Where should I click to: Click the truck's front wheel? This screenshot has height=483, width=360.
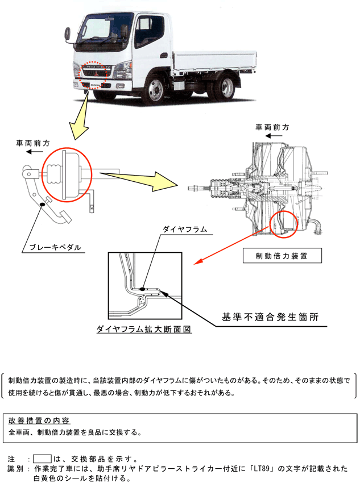pos(157,90)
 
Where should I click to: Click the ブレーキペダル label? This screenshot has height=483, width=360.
pos(54,248)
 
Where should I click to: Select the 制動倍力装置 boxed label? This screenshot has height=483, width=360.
pos(282,256)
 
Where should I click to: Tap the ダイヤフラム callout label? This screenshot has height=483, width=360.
pos(184,230)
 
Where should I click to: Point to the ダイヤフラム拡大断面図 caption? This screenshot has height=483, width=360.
pos(143,329)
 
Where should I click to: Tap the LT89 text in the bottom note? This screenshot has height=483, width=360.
pos(265,469)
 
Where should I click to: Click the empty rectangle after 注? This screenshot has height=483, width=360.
pos(42,458)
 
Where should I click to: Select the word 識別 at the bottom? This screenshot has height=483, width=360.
pos(15,469)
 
